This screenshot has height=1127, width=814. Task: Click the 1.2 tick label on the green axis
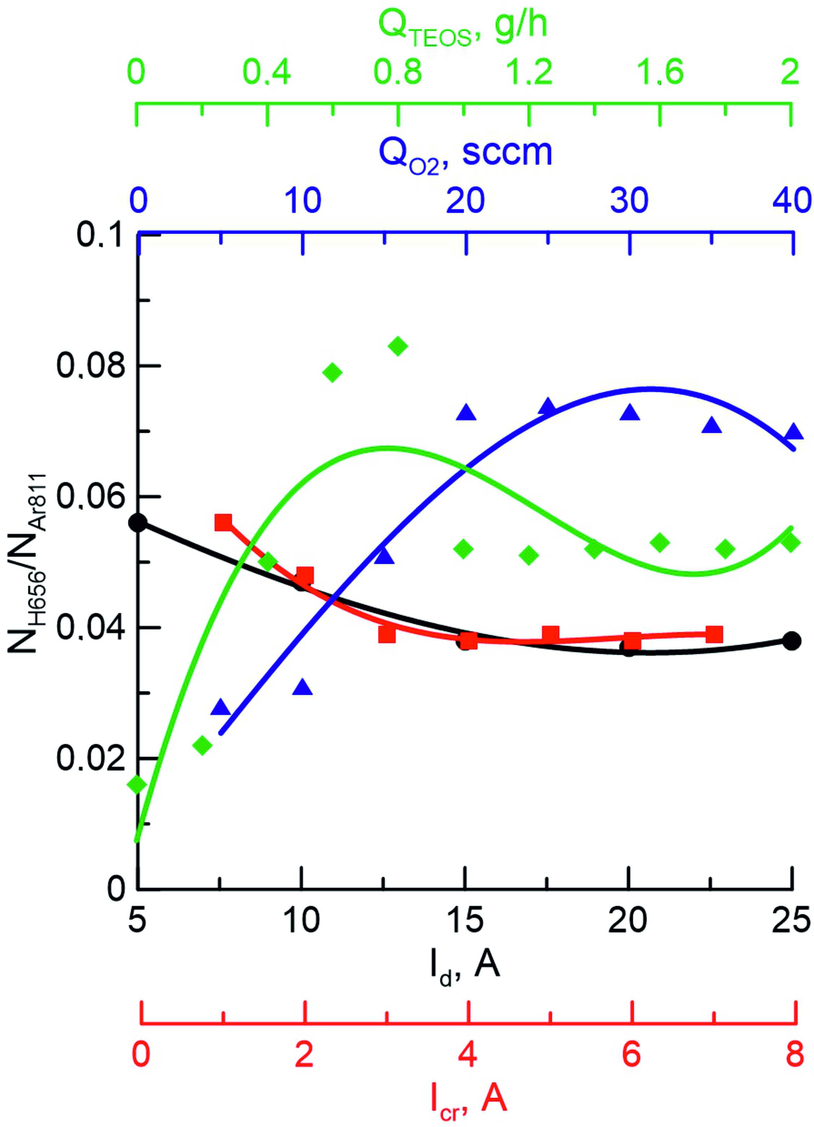tap(528, 72)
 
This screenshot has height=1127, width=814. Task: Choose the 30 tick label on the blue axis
tap(630, 201)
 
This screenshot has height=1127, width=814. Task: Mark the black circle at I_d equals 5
tap(138, 523)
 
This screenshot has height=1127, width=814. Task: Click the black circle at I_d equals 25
tap(792, 641)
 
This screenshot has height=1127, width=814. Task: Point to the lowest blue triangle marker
tap(221, 707)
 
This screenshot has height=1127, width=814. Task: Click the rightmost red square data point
tap(714, 635)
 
